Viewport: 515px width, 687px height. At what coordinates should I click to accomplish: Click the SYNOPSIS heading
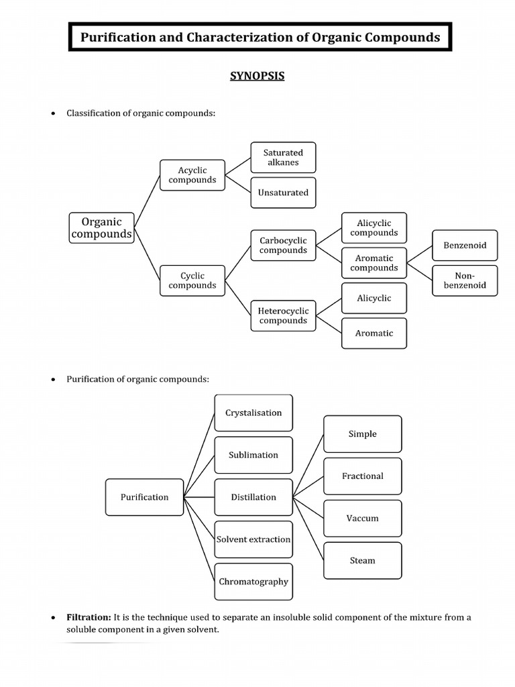pos(257,76)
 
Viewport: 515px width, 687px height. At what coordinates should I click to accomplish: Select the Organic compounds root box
pos(102,228)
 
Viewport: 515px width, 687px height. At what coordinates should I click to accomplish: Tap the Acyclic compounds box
pos(192,175)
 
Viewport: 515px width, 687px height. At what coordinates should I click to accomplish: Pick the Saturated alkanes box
pos(283,158)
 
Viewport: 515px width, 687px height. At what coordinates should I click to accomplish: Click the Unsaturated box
pos(283,193)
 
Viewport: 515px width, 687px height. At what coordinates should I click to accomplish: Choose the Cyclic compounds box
pos(192,280)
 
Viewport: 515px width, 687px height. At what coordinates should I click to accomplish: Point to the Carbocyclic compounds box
pos(283,246)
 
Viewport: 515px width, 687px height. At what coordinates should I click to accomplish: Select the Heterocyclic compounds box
pos(283,315)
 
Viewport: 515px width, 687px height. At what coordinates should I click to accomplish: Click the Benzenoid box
pos(465,246)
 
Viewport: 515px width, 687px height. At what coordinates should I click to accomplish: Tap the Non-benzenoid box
pos(465,280)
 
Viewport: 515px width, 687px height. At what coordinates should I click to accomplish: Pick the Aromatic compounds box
pos(374,263)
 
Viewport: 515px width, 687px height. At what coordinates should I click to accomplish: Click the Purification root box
pos(144,497)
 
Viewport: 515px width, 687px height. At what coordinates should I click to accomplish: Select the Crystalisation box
pos(253,413)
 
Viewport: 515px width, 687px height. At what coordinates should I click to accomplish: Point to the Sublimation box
pos(253,455)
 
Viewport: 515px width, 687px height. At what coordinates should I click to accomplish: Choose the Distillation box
pos(253,497)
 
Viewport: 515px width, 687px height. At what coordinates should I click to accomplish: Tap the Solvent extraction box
pos(253,539)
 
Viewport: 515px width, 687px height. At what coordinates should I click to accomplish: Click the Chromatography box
pos(253,582)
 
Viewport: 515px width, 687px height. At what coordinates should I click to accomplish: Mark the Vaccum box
pos(363,518)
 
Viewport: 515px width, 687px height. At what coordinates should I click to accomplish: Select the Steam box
pos(363,560)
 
